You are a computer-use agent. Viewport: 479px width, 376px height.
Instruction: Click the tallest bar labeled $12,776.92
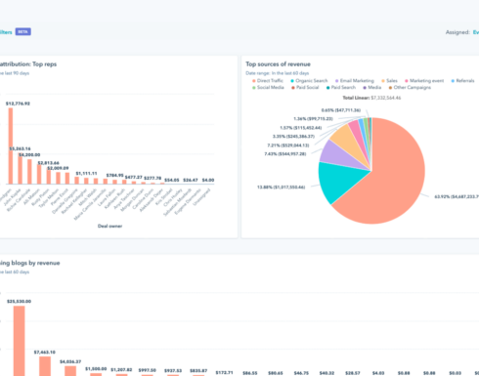(x=11, y=146)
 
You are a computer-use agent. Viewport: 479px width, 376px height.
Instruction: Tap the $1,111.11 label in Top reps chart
(x=86, y=173)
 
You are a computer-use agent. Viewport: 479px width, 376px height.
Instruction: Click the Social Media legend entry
(x=273, y=88)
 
